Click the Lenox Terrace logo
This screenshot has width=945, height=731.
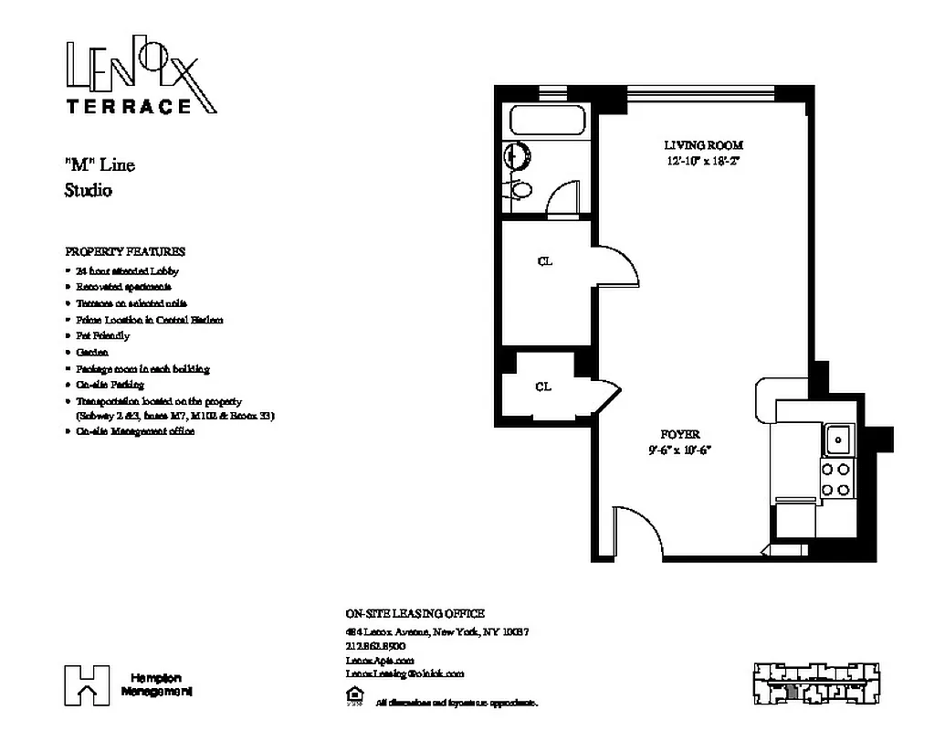141,78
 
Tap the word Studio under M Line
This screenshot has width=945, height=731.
89,191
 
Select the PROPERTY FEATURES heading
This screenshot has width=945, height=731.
125,251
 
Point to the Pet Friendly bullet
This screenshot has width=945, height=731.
103,336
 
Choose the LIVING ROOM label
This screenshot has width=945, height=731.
703,145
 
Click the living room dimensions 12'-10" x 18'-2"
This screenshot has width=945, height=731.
703,162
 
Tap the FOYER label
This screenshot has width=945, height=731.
680,435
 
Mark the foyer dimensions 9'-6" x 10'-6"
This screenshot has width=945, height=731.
679,450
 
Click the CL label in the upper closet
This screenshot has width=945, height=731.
545,262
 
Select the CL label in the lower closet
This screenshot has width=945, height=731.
543,387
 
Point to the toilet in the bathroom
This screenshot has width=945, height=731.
521,190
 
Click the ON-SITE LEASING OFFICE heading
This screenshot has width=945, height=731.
415,613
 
